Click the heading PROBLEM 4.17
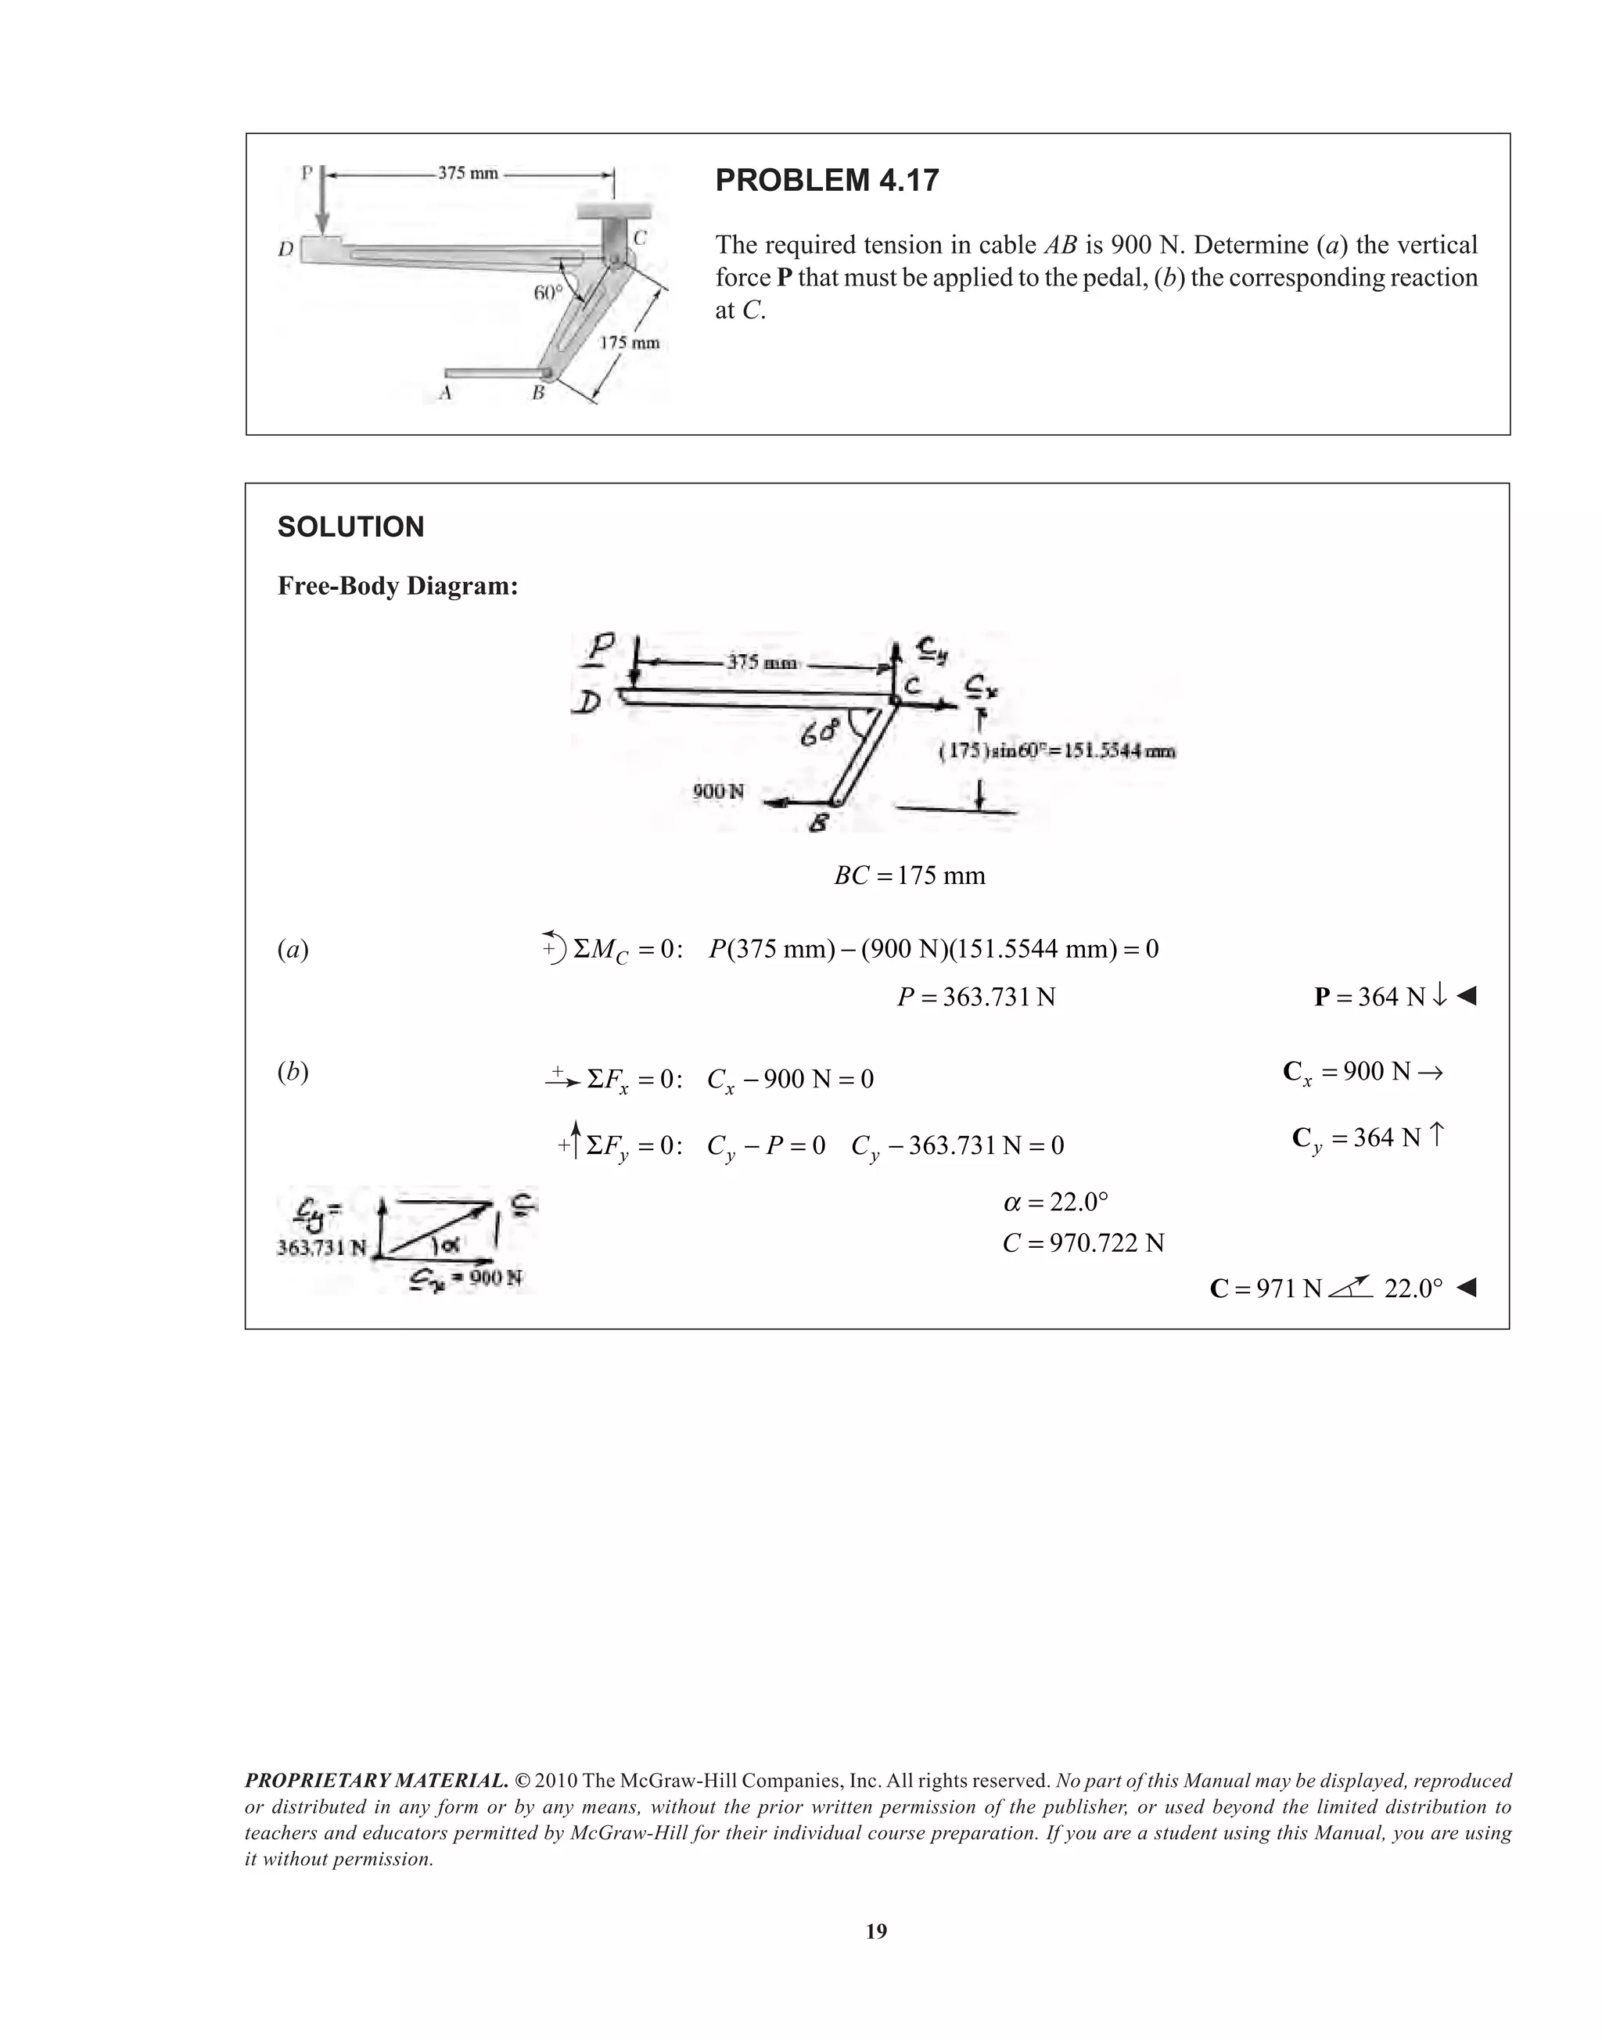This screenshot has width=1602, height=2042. click(x=826, y=180)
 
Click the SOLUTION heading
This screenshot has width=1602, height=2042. click(x=350, y=527)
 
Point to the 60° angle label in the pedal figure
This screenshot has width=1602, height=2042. click(x=548, y=292)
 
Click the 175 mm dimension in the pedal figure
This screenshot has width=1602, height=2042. click(x=630, y=343)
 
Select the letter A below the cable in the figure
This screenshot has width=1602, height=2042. click(x=446, y=394)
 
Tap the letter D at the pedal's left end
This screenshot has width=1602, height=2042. click(x=286, y=250)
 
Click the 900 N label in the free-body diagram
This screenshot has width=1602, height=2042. click(x=717, y=791)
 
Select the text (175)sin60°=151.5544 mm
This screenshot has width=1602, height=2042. click(x=1057, y=750)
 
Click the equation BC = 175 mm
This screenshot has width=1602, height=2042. click(x=910, y=876)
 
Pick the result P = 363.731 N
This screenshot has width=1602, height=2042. click(x=975, y=997)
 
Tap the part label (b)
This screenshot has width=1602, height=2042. click(x=293, y=1072)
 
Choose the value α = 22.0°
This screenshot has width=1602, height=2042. click(x=1055, y=1202)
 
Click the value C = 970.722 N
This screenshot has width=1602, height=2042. click(x=1083, y=1244)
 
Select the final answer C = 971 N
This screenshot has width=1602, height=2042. click(x=1266, y=1289)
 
